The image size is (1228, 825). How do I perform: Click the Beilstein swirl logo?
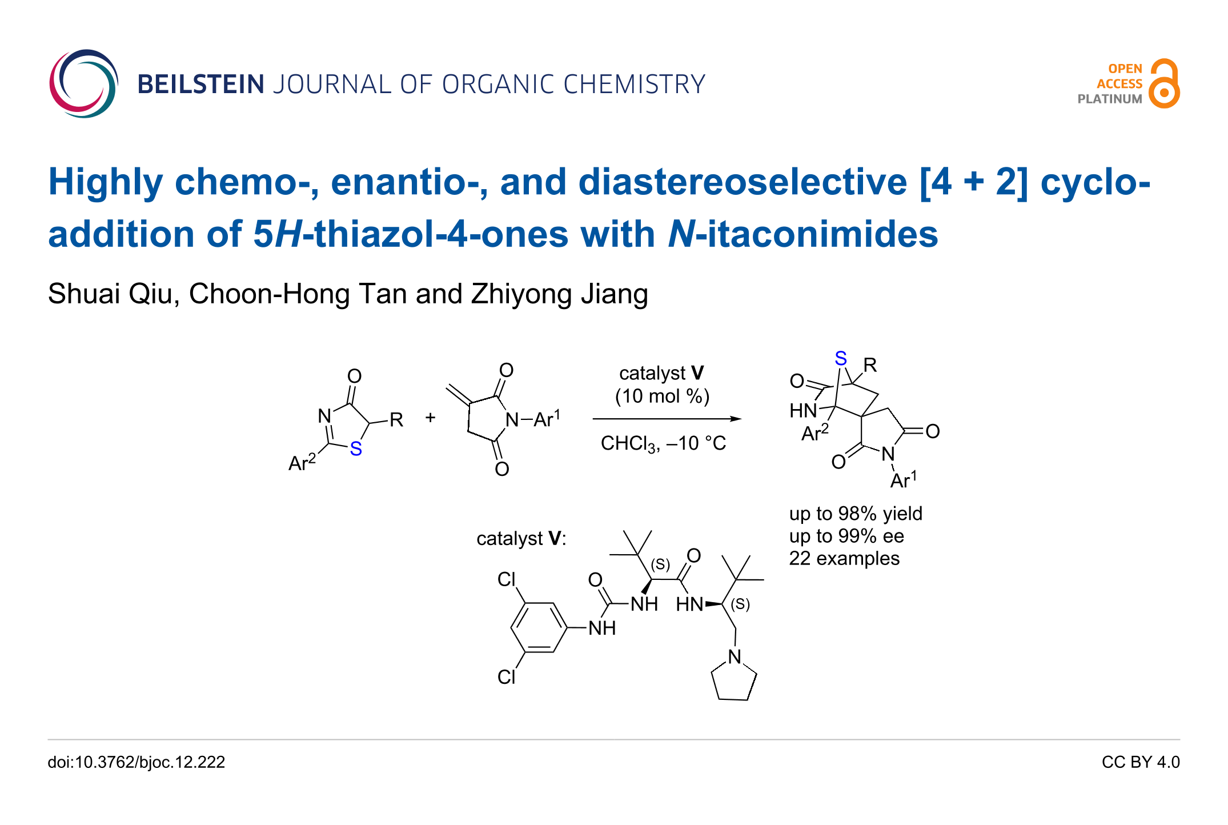[x=83, y=83]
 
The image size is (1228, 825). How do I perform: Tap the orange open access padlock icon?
[x=1164, y=83]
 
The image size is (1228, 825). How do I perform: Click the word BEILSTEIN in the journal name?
[x=200, y=85]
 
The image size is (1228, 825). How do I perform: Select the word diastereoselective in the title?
[x=743, y=182]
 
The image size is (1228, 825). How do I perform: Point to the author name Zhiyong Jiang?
[x=559, y=294]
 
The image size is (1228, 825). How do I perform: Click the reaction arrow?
[x=666, y=419]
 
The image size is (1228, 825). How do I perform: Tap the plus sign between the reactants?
[x=430, y=418]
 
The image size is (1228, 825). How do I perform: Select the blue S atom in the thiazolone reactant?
[x=356, y=449]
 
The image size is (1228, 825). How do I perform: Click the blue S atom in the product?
[x=840, y=359]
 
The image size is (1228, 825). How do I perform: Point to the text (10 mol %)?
[x=662, y=396]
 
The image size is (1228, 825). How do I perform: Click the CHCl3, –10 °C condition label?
[x=663, y=443]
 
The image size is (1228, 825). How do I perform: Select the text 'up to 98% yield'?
[x=855, y=514]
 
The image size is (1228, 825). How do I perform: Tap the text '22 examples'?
[x=844, y=558]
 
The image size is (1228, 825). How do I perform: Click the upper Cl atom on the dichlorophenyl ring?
[x=506, y=579]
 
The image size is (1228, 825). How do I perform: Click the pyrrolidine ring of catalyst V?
[x=734, y=681]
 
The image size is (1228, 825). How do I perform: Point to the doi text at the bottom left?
[x=136, y=762]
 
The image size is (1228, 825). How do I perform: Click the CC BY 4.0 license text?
[x=1140, y=762]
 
